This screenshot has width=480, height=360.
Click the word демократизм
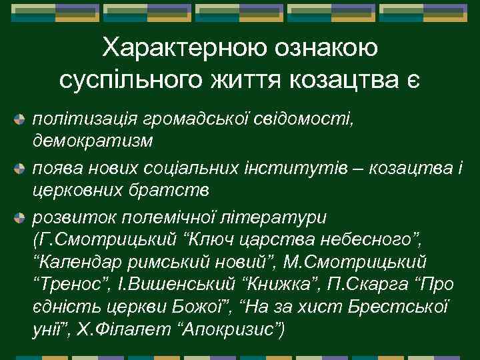pyautogui.click(x=93, y=142)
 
